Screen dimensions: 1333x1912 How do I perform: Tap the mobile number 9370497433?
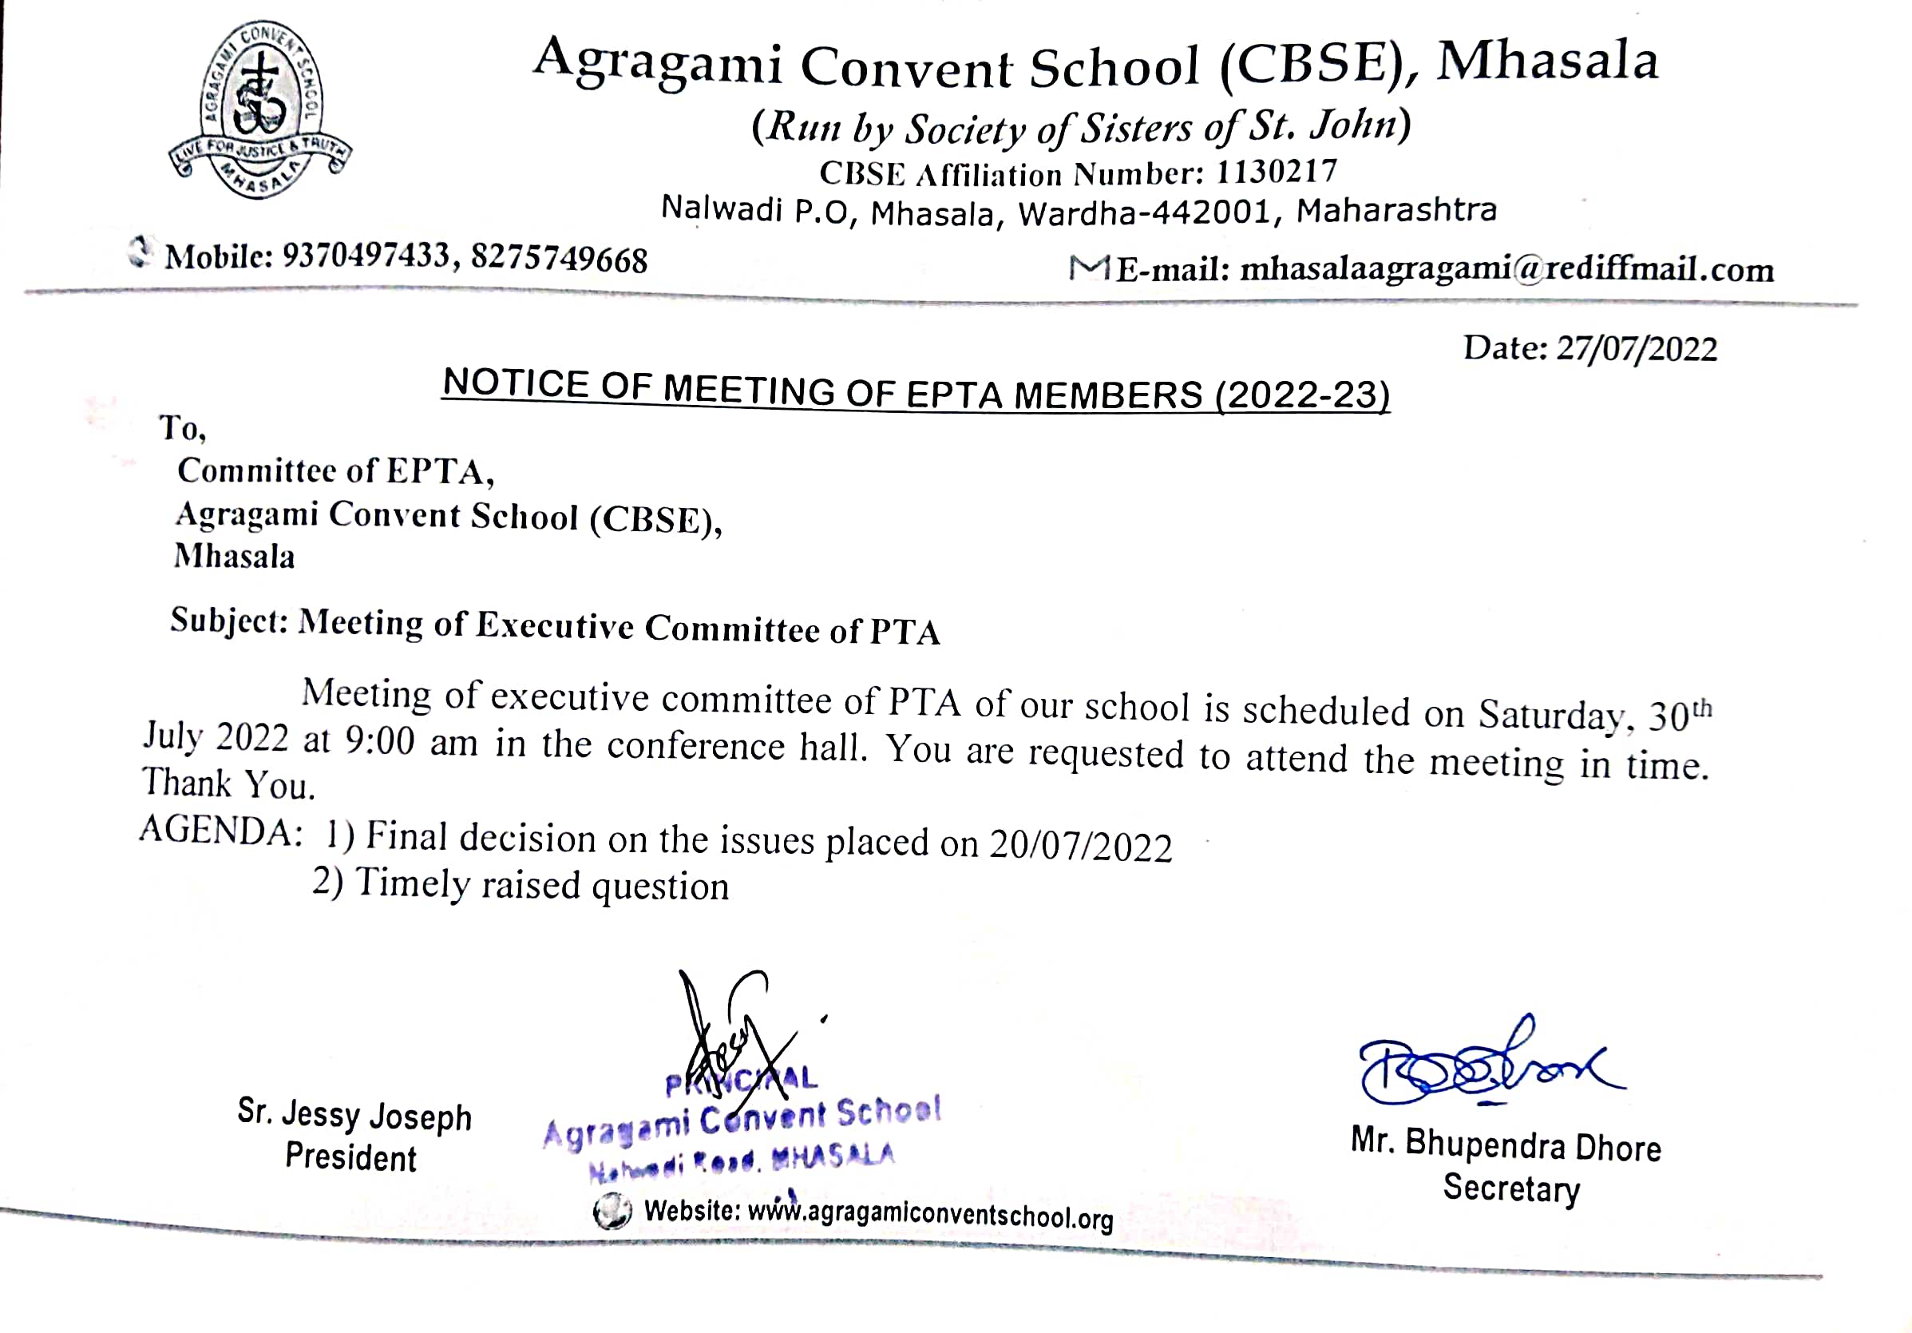(x=366, y=256)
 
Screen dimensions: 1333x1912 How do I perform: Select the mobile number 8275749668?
(x=559, y=259)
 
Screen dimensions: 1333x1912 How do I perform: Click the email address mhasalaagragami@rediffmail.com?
(x=1506, y=269)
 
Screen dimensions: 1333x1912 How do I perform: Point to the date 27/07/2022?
(x=1637, y=348)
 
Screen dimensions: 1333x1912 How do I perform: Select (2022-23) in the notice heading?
(x=1302, y=395)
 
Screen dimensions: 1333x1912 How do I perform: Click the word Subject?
(x=229, y=621)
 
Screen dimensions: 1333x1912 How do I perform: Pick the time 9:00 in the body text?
(x=379, y=740)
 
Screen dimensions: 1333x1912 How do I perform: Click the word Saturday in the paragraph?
(x=1550, y=714)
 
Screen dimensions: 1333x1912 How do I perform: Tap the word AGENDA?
(x=220, y=831)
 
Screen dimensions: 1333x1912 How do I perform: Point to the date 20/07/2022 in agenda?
(x=1080, y=847)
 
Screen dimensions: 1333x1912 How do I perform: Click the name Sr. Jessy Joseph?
(x=354, y=1115)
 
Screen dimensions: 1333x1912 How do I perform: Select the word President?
(x=350, y=1158)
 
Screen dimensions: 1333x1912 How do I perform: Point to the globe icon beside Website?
(x=612, y=1211)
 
